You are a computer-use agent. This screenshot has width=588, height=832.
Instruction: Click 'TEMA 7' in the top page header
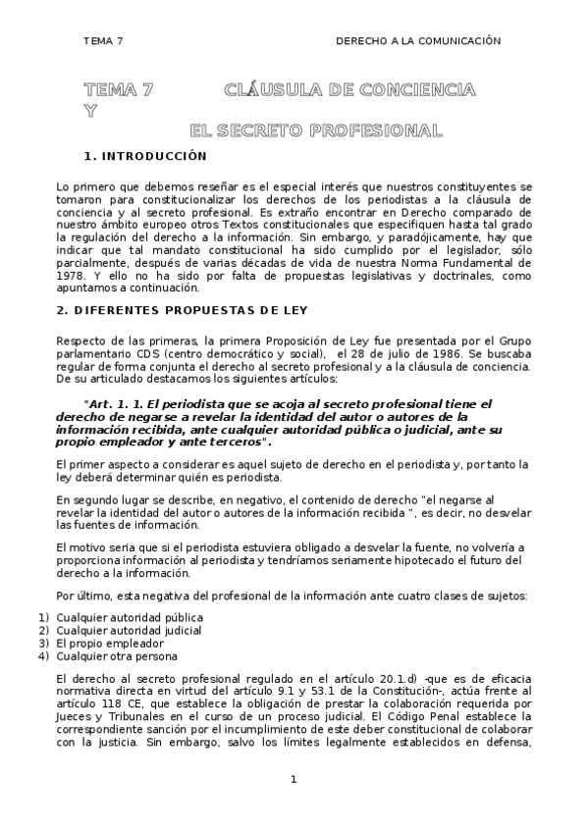[x=103, y=41]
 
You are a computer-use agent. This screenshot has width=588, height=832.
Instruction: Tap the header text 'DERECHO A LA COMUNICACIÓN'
[x=418, y=41]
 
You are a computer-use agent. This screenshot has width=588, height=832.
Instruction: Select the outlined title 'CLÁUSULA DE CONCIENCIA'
[x=349, y=91]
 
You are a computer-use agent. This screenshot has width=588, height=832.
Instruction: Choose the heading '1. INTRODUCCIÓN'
[x=146, y=156]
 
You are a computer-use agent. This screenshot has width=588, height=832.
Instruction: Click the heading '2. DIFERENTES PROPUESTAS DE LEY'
[x=183, y=311]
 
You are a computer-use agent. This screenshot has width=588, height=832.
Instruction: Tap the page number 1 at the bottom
[x=293, y=779]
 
